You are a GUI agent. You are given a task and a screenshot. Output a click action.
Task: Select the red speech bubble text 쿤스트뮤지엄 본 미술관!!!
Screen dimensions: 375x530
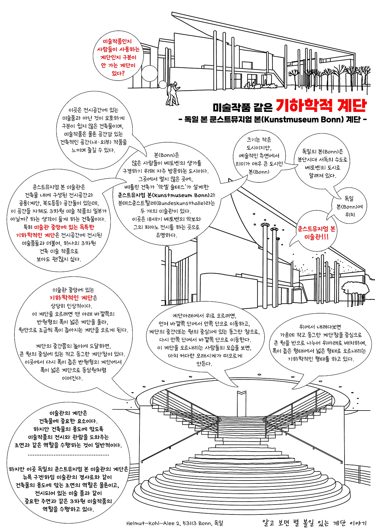coord(316,233)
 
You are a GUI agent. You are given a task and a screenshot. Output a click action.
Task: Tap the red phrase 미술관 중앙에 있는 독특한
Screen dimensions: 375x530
coord(64,227)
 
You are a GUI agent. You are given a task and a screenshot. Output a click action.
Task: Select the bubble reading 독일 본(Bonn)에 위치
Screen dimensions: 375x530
coord(349,206)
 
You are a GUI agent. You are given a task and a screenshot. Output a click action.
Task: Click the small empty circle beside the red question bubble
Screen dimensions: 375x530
coord(150,73)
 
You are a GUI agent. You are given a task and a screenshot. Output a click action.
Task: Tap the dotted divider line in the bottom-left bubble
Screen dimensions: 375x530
coord(68,455)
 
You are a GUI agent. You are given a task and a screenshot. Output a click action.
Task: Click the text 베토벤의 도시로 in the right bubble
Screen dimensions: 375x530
coord(322,168)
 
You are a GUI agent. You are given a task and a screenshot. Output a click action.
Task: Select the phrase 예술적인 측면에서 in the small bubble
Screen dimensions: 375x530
coord(259,156)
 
